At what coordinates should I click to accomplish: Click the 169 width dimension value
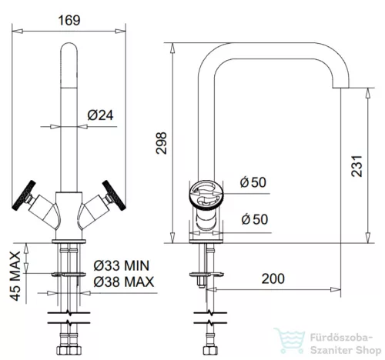[x=69, y=20]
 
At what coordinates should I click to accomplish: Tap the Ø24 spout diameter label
[x=100, y=115]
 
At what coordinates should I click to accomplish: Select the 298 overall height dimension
[x=161, y=143]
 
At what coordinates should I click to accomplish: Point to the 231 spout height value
[x=357, y=166]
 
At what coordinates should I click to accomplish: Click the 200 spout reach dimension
[x=273, y=278]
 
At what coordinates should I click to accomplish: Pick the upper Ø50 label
[x=253, y=182]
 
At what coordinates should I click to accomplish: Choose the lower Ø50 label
[x=255, y=219]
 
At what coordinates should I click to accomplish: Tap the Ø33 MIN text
[x=121, y=265]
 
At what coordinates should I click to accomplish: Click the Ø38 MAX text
[x=124, y=282]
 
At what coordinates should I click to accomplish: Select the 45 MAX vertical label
[x=15, y=276]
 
